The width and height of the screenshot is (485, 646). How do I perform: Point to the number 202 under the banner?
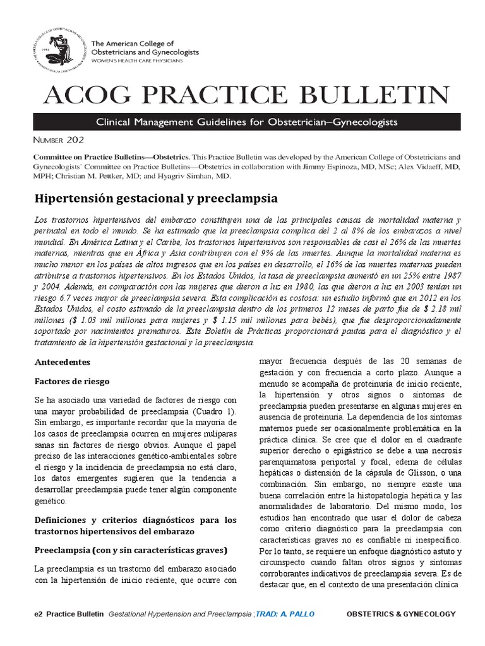pos(73,139)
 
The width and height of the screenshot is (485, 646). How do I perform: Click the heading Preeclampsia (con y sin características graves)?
pos(130,549)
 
